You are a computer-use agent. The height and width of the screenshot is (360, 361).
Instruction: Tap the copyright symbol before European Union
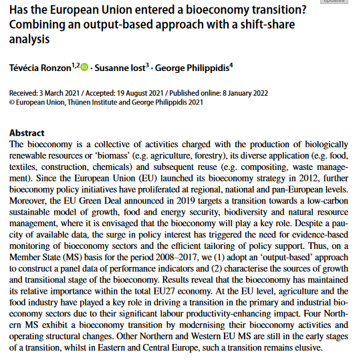(x=11, y=102)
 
